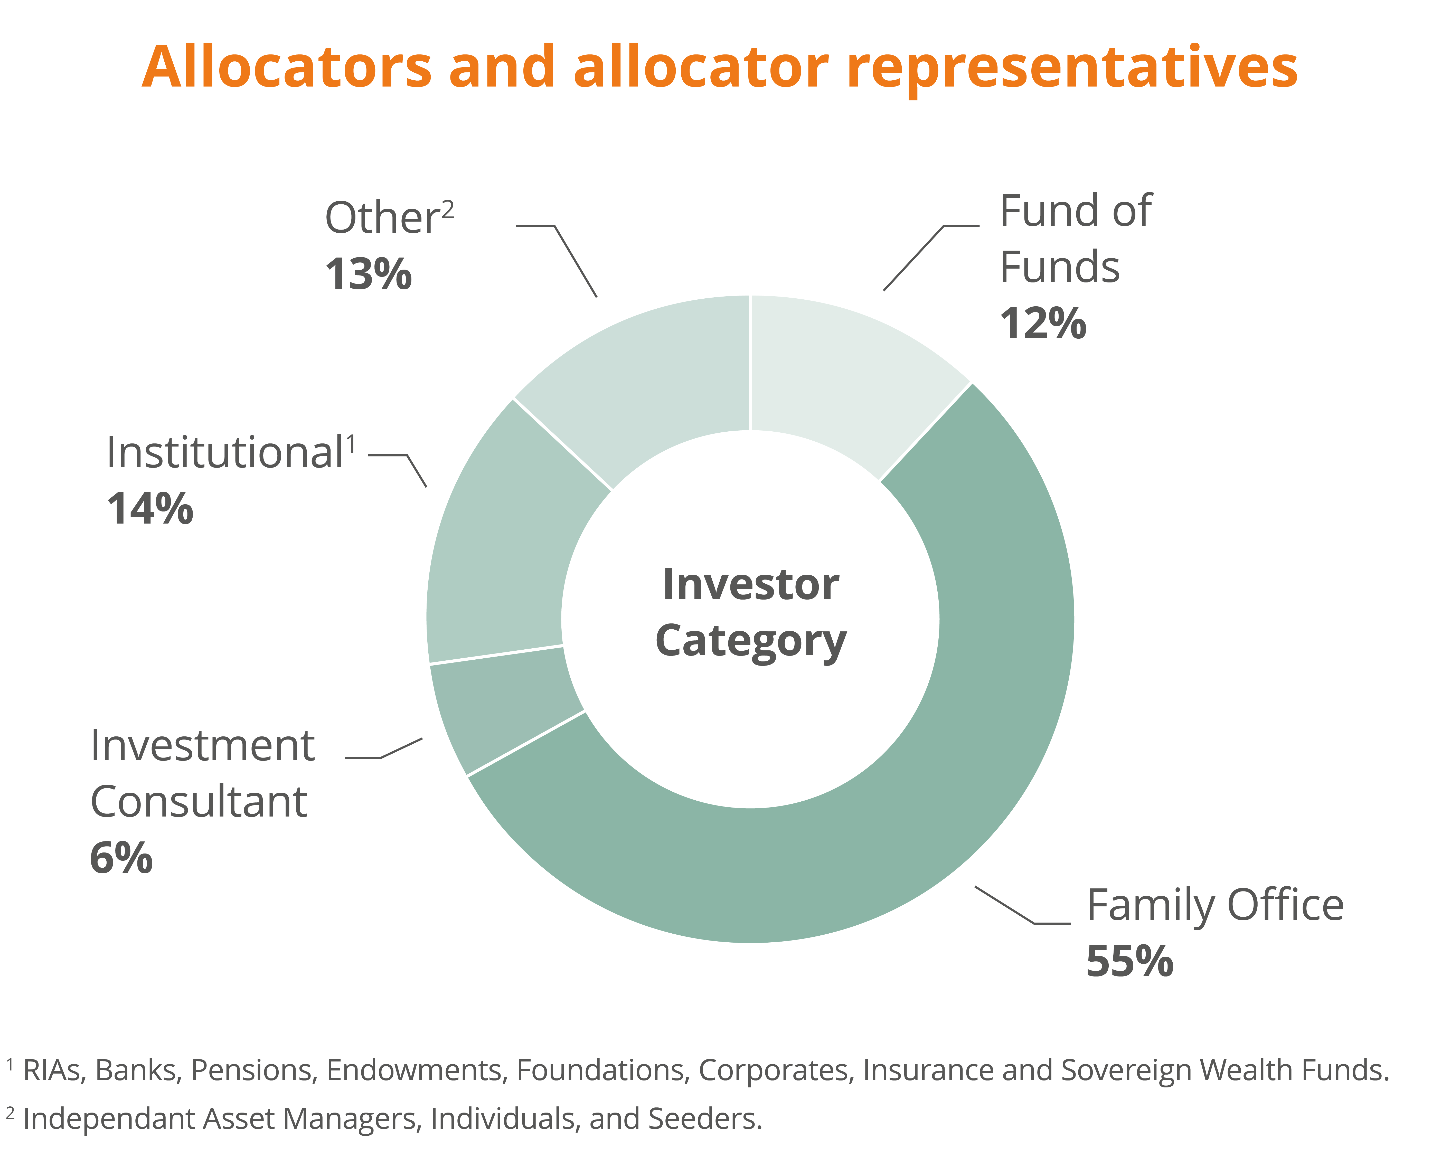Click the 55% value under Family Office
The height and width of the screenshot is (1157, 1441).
click(x=1129, y=961)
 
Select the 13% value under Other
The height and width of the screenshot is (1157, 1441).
click(x=368, y=274)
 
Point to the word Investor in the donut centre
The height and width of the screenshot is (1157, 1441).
click(x=751, y=584)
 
